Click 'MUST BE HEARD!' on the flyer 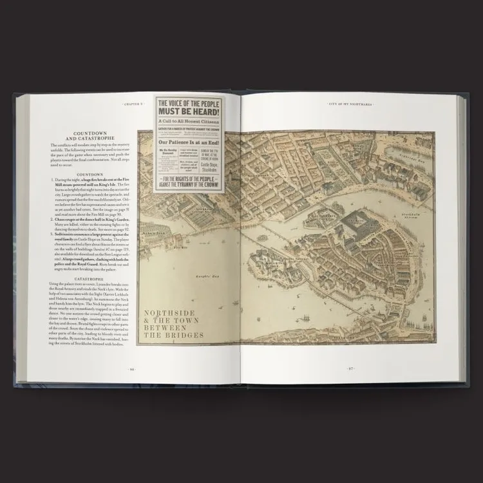tap(189, 111)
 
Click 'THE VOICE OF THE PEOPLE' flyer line tap(189, 102)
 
